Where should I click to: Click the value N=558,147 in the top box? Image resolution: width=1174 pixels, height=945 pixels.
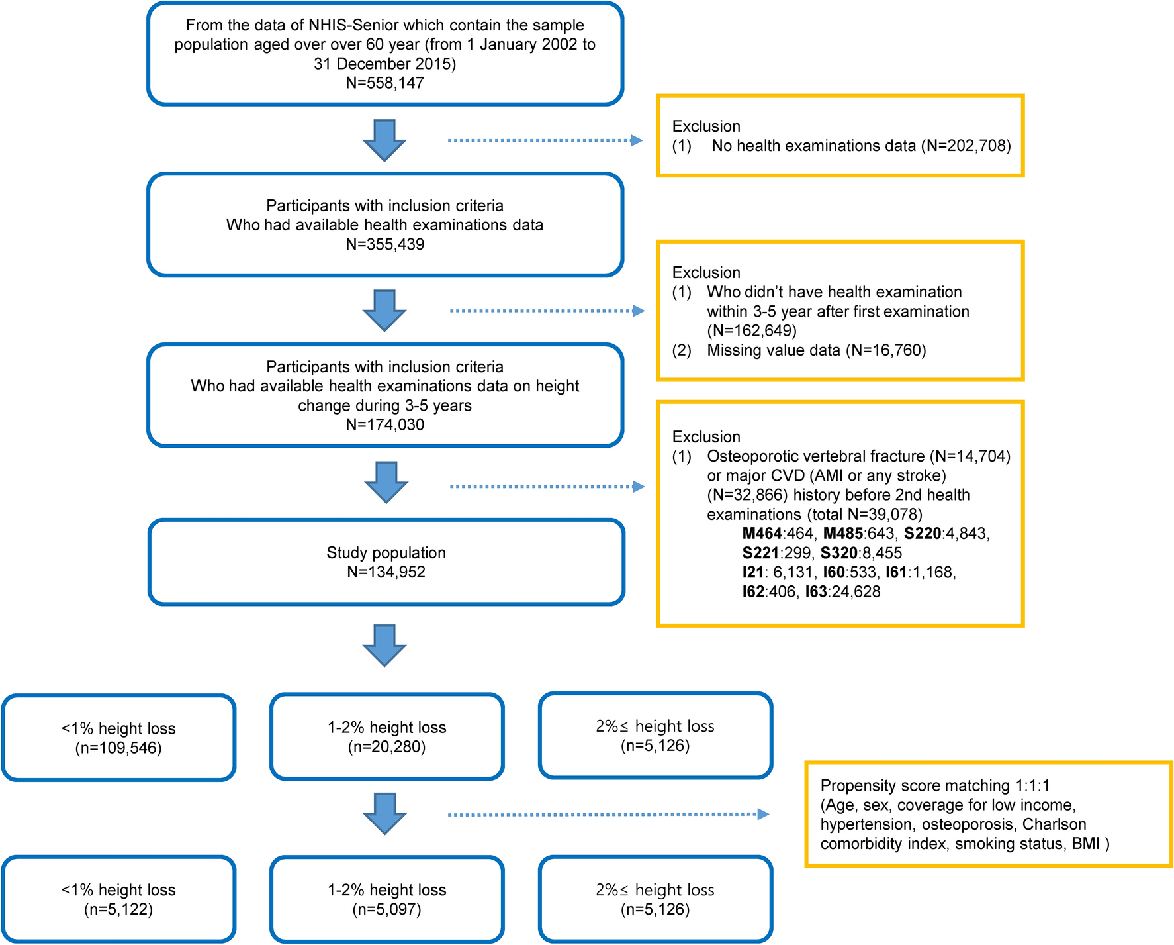point(385,83)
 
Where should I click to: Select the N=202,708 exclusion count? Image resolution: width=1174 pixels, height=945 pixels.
point(966,146)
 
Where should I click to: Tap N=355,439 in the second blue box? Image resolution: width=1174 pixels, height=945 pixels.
point(385,244)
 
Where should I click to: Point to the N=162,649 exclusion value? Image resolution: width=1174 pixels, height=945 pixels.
point(751,330)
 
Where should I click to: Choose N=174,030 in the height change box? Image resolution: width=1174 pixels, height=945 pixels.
point(385,425)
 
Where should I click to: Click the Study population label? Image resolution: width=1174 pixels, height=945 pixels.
point(386,553)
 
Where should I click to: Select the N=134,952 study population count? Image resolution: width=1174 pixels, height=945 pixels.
point(386,572)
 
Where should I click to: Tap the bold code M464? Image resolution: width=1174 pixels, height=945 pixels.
point(762,534)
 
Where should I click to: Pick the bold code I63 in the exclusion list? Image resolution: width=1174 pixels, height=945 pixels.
point(815,592)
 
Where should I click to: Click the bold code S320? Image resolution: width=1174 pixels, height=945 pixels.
point(838,554)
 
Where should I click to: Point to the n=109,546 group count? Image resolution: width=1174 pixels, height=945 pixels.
point(118,748)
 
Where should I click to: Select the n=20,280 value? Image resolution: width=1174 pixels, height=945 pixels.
point(386,747)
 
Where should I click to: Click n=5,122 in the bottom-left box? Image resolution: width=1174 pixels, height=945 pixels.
point(118,910)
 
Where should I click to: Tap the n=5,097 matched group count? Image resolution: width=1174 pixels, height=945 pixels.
point(386,910)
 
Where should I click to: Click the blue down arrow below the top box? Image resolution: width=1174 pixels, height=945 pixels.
point(384,140)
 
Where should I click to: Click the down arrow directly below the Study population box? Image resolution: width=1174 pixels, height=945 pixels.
point(384,645)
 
